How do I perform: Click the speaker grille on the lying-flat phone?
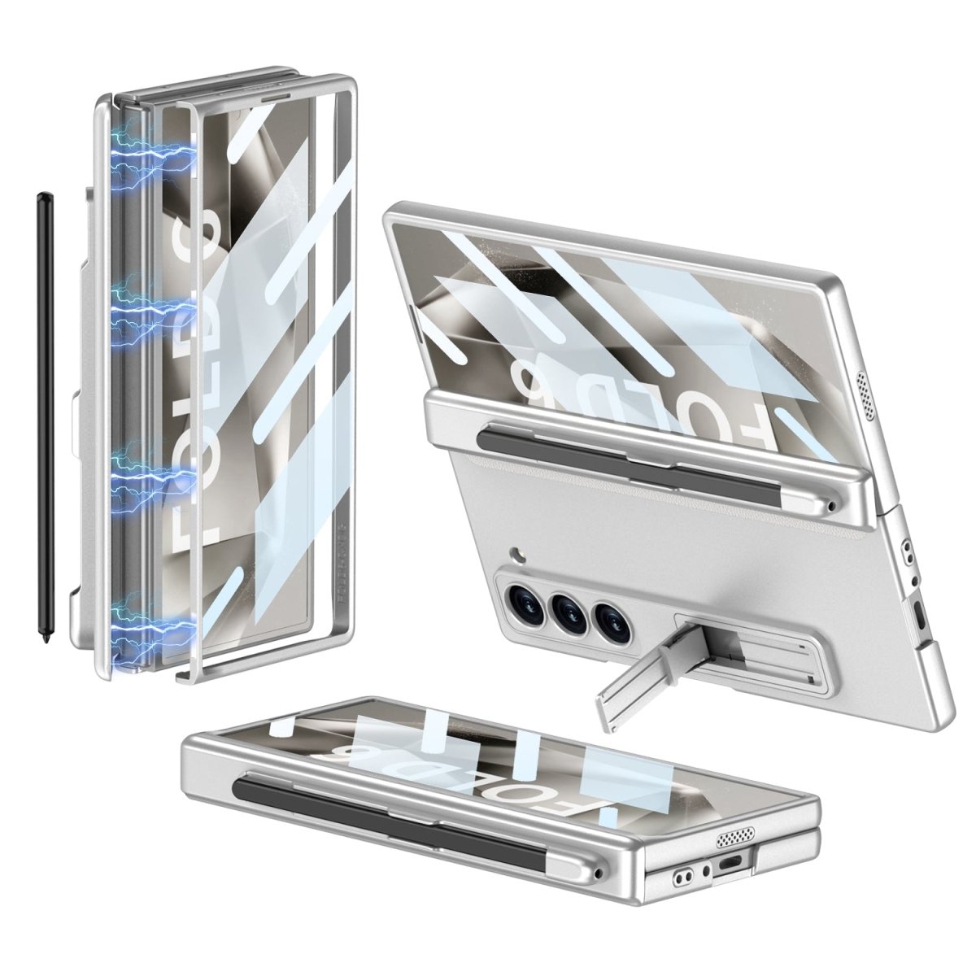pos(736,839)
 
